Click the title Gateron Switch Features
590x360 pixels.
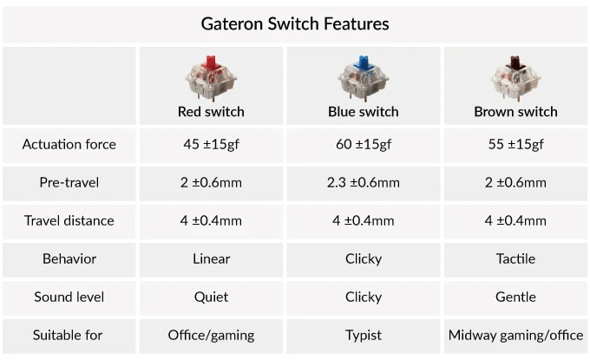[x=295, y=23]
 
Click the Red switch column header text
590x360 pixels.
[x=211, y=112]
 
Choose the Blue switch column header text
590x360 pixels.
[x=364, y=112]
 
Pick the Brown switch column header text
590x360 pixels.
[x=515, y=112]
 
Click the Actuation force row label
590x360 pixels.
[x=69, y=144]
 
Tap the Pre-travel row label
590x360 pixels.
[x=69, y=182]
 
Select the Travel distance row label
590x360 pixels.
[x=69, y=220]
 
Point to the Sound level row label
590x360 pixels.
[x=69, y=297]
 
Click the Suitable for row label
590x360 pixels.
[x=69, y=335]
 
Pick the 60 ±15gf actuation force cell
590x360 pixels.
[x=364, y=144]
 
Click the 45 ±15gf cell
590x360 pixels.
[x=211, y=144]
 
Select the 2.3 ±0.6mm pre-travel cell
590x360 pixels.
[x=364, y=182]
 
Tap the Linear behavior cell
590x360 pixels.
[x=211, y=259]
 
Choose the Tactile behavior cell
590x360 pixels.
[x=515, y=259]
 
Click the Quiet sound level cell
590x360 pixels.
[x=211, y=297]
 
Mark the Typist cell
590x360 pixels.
[x=364, y=335]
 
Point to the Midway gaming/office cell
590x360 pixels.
[x=515, y=335]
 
